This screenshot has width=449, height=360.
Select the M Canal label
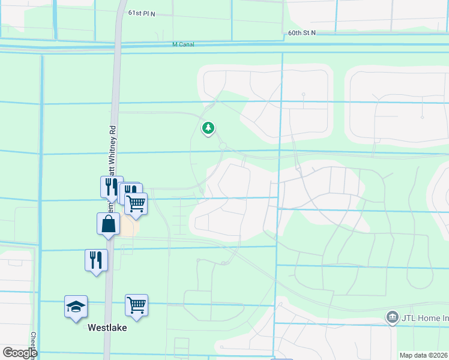click(183, 44)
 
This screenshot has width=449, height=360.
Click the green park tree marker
click(208, 128)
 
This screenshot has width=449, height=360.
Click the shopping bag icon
click(108, 224)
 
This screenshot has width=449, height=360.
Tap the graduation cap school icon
click(76, 307)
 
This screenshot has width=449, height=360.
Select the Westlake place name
click(107, 328)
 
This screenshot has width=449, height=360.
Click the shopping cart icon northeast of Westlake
click(136, 306)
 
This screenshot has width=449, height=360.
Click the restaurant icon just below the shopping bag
click(96, 260)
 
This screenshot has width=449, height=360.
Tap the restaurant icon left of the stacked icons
click(111, 187)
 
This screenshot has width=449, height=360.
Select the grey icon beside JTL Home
click(392, 316)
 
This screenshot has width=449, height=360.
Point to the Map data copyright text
click(423, 355)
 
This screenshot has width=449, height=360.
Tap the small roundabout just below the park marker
click(223, 146)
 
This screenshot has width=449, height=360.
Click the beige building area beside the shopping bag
click(130, 226)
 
